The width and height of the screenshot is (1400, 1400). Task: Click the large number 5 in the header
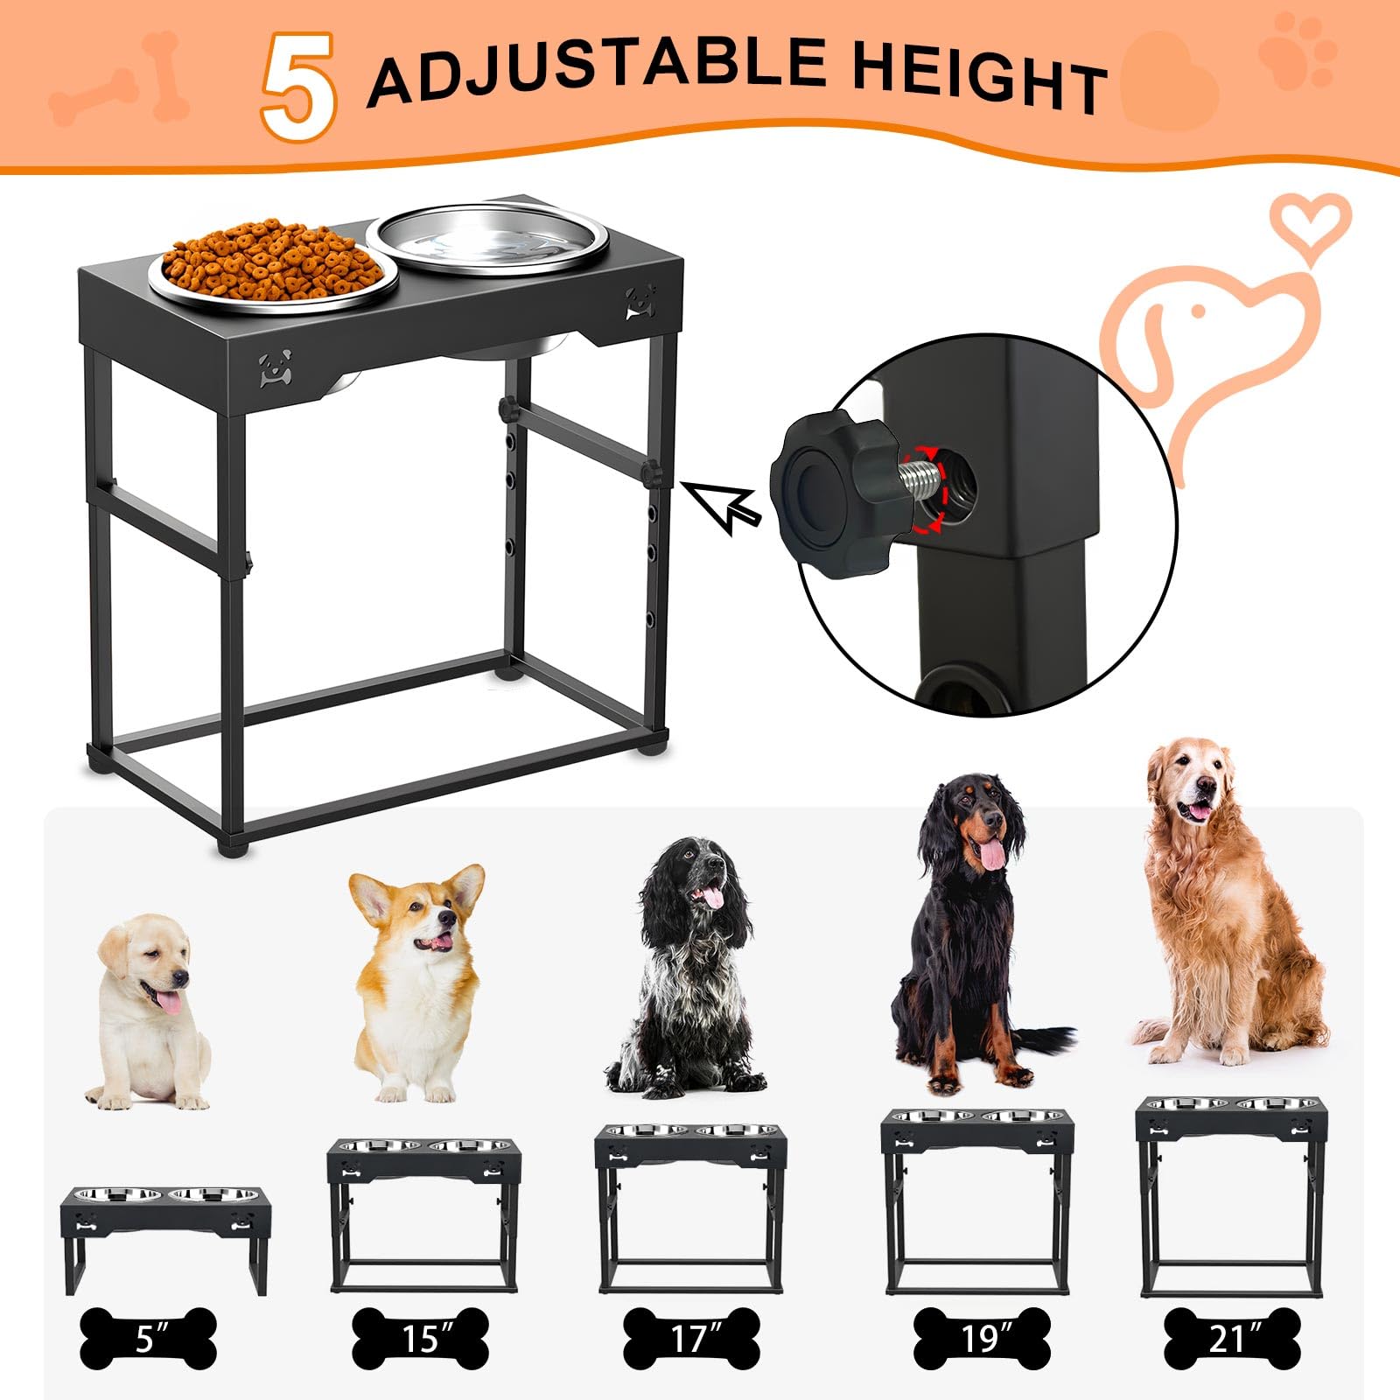point(298,87)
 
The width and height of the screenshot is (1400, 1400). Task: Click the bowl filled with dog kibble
point(273,263)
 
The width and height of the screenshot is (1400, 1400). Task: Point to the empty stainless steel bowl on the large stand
point(486,237)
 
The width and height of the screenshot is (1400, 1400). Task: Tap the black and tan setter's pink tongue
point(991,854)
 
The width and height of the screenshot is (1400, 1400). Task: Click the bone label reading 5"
point(147,1339)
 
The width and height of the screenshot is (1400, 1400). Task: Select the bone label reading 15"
point(420,1339)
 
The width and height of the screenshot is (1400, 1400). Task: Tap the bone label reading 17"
point(691,1339)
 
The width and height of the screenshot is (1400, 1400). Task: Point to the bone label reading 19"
point(982,1339)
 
